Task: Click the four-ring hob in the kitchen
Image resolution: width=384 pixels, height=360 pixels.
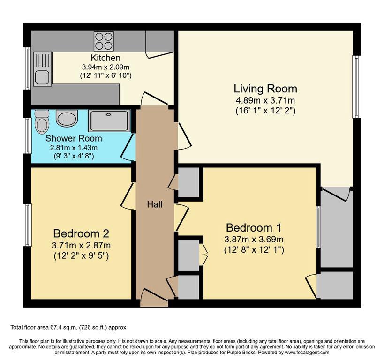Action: point(104,41)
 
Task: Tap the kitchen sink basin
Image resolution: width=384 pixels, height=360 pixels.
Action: point(42,77)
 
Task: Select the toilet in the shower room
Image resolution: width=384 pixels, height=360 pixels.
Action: point(42,122)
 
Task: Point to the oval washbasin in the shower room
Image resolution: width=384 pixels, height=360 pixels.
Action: point(67,118)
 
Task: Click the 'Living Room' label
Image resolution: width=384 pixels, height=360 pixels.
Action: point(265,89)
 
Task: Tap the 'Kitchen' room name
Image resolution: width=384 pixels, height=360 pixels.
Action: point(105,58)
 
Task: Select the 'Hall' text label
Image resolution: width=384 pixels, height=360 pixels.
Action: point(155,204)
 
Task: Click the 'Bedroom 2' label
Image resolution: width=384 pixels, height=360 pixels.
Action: point(81,233)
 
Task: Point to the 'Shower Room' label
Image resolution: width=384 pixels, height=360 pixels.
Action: point(74,138)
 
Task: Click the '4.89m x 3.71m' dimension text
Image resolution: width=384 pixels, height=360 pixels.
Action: point(265,100)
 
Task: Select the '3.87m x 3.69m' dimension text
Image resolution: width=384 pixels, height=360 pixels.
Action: point(254,239)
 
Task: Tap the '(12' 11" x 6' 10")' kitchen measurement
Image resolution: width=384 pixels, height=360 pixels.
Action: point(106,75)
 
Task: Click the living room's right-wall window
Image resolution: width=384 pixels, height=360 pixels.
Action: point(357,87)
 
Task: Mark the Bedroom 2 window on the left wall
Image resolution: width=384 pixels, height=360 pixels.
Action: point(27,225)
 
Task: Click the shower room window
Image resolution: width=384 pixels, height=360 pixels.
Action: point(27,135)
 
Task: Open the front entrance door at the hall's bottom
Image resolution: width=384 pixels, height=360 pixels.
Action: point(154,297)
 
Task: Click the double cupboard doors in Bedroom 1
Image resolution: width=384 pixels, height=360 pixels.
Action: point(204,255)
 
